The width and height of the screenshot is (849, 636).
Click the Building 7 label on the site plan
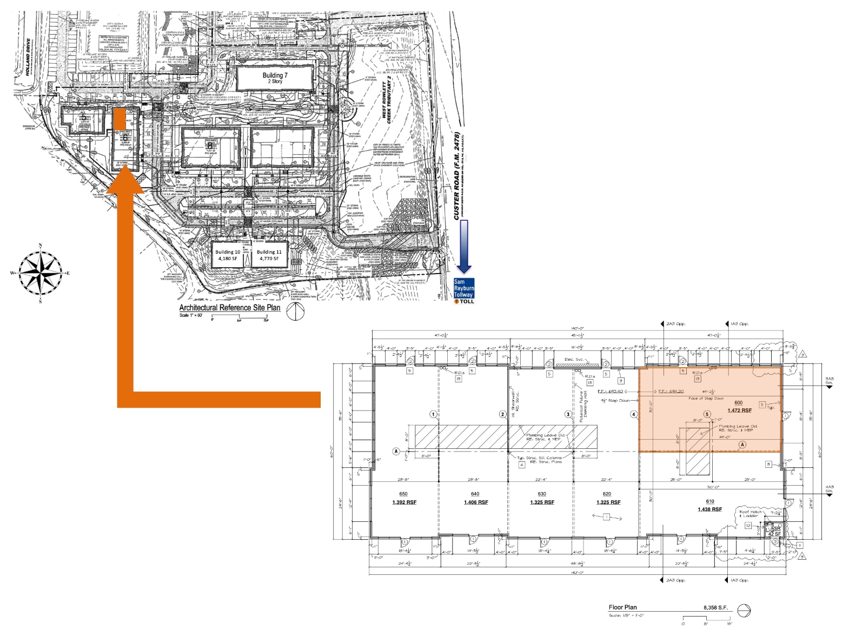click(275, 78)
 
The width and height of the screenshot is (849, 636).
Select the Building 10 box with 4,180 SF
click(228, 255)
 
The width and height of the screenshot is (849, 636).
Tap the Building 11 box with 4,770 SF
click(269, 255)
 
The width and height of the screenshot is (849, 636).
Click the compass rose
click(41, 273)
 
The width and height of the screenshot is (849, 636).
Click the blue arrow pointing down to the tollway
click(464, 246)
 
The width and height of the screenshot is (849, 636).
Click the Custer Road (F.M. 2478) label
click(457, 176)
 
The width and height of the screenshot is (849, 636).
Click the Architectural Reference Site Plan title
click(230, 307)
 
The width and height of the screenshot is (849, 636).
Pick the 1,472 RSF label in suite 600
click(739, 410)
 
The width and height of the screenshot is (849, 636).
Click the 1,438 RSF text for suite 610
click(709, 509)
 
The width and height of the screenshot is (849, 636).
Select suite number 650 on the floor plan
click(403, 494)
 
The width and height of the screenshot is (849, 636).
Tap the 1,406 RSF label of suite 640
click(475, 502)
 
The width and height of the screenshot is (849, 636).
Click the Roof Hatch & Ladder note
click(750, 514)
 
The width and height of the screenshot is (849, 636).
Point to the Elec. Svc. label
click(574, 359)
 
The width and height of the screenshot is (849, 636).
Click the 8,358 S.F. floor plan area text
click(717, 607)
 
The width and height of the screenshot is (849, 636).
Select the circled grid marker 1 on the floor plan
click(433, 415)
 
